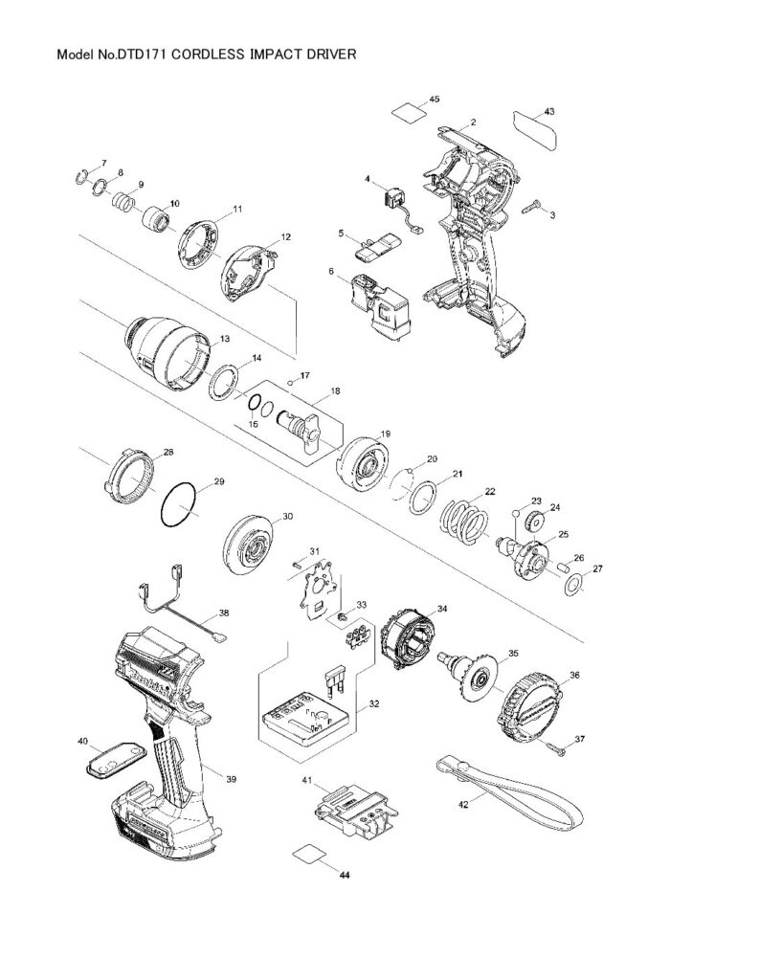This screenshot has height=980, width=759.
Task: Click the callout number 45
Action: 434,100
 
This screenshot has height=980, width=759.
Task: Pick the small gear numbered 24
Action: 534,523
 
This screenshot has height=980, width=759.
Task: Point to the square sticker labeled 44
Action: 308,854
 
